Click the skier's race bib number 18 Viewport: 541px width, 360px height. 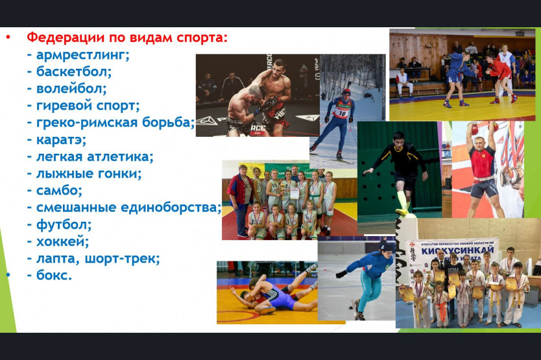pyautogui.click(x=342, y=114)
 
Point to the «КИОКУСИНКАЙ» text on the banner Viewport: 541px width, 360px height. pyautogui.click(x=457, y=250)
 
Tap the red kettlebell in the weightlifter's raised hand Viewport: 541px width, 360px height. pyautogui.click(x=475, y=129)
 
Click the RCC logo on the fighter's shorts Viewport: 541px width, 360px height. pyautogui.click(x=258, y=128)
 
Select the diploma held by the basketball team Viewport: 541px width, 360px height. pyautogui.click(x=295, y=193)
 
